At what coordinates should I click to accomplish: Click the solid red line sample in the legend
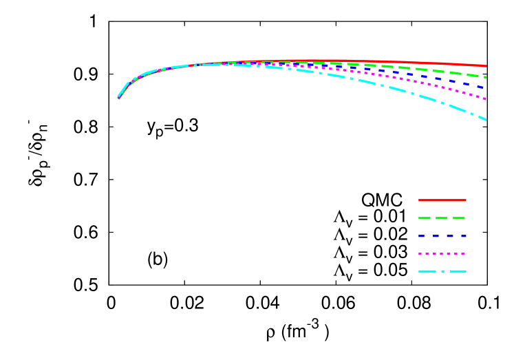(x=442, y=200)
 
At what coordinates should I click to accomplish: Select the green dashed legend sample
(x=442, y=218)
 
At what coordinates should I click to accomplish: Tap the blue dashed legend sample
(x=442, y=236)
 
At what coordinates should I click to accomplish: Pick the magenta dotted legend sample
(x=442, y=254)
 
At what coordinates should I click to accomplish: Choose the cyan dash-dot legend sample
(x=442, y=272)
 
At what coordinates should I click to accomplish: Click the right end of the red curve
(x=485, y=66)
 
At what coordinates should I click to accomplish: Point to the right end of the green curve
(x=485, y=77)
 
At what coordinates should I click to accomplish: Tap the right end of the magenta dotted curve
(x=485, y=99)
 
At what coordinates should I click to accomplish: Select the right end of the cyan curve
(x=485, y=119)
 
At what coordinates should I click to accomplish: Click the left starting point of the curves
(x=118, y=98)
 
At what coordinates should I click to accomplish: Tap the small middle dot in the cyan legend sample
(x=443, y=272)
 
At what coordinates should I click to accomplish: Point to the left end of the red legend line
(x=420, y=200)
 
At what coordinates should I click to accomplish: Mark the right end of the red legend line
(x=465, y=200)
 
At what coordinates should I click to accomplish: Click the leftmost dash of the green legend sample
(x=424, y=218)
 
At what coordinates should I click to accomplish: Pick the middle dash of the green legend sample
(x=441, y=218)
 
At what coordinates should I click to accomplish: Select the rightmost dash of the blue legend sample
(x=463, y=236)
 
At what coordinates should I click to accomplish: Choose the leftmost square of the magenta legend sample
(x=420, y=254)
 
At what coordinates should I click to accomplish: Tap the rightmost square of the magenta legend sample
(x=463, y=254)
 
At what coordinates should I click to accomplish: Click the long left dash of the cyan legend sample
(x=427, y=272)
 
